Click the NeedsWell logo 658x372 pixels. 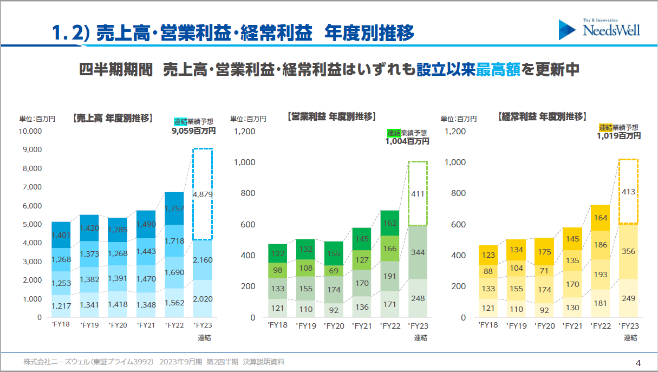click(600, 29)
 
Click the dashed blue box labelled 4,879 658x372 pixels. click(203, 194)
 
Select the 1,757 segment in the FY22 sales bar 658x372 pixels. click(174, 208)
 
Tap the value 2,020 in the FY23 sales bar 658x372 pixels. click(203, 298)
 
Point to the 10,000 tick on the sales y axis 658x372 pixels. click(30, 131)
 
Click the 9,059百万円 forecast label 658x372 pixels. click(193, 131)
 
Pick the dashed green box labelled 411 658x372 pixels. click(418, 193)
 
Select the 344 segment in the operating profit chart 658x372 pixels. click(418, 252)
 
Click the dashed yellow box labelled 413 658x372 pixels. click(628, 192)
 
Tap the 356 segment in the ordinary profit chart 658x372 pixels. click(628, 251)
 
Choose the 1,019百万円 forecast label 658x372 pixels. click(619, 136)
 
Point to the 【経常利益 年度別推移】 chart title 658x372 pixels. click(541, 116)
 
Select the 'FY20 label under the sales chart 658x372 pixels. click(118, 325)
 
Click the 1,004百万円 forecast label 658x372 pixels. click(407, 141)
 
